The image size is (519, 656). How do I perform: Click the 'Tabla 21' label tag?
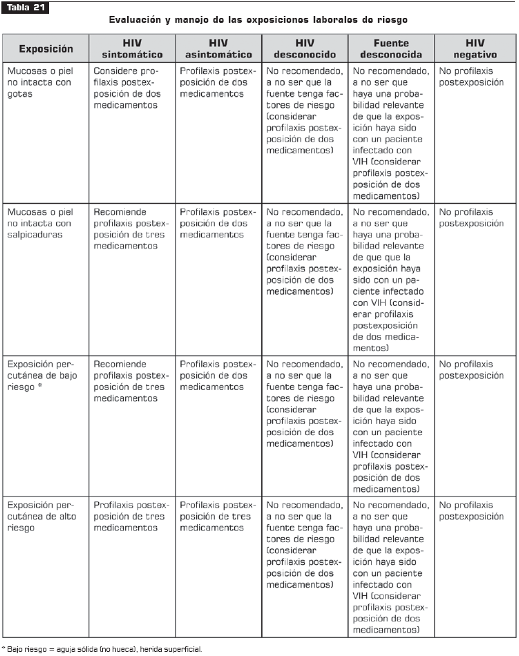tap(26, 8)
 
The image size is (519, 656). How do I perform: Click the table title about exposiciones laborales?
tap(258, 21)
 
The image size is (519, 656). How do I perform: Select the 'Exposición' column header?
tap(46, 48)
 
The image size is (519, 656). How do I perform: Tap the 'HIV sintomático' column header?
tap(132, 48)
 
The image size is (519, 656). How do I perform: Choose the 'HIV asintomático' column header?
tap(218, 48)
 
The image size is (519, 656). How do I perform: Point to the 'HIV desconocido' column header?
tap(305, 48)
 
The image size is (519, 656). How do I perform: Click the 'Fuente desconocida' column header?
tap(390, 48)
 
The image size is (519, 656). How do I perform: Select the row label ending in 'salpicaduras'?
tap(39, 223)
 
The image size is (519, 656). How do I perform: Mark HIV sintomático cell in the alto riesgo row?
tap(131, 517)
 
